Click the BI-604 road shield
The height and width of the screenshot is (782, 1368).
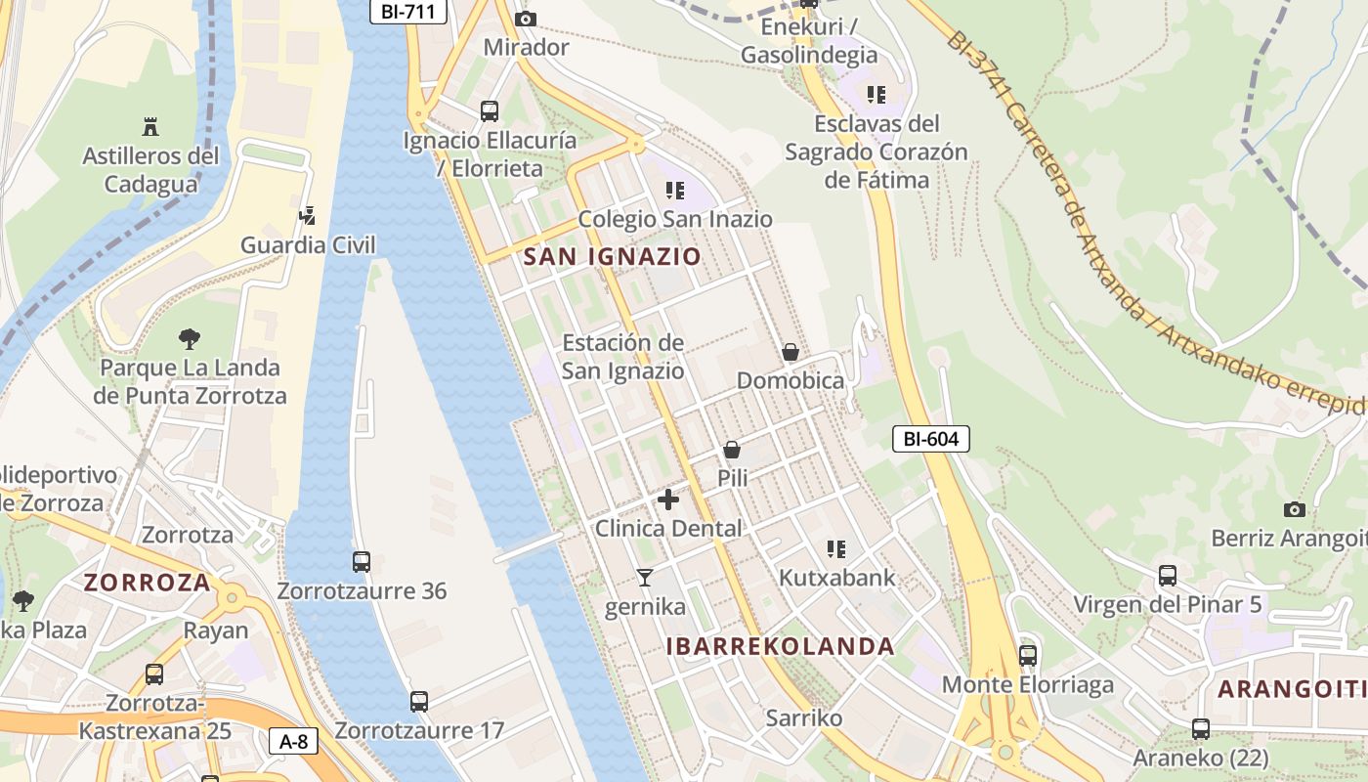(x=930, y=440)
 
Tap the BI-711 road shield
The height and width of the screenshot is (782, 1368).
(x=408, y=12)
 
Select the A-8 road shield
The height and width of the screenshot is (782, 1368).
(x=293, y=742)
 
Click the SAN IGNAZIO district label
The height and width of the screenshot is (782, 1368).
(x=613, y=257)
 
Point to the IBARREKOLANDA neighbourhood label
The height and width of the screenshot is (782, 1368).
(x=781, y=646)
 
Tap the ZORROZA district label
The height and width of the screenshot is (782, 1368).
(x=147, y=583)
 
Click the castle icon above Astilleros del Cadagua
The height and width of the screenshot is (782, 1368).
(x=150, y=126)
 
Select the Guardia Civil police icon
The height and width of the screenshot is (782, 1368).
(x=308, y=215)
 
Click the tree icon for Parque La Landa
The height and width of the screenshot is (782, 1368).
(x=190, y=339)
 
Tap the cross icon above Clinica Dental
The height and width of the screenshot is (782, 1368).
(x=668, y=500)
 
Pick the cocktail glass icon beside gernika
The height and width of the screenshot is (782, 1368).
(x=645, y=578)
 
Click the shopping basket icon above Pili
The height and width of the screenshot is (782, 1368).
(x=732, y=450)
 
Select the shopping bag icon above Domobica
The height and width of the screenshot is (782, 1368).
(x=791, y=352)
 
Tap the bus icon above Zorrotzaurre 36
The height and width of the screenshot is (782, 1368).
(x=362, y=562)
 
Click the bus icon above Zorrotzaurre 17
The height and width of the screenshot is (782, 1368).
(x=419, y=701)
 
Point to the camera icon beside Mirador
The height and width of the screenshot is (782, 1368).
(x=526, y=19)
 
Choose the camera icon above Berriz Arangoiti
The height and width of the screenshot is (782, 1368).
(x=1295, y=509)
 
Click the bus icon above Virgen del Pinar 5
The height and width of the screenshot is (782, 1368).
(x=1168, y=575)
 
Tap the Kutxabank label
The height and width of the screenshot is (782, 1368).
(x=836, y=578)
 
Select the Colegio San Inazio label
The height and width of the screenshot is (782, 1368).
(x=675, y=219)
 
